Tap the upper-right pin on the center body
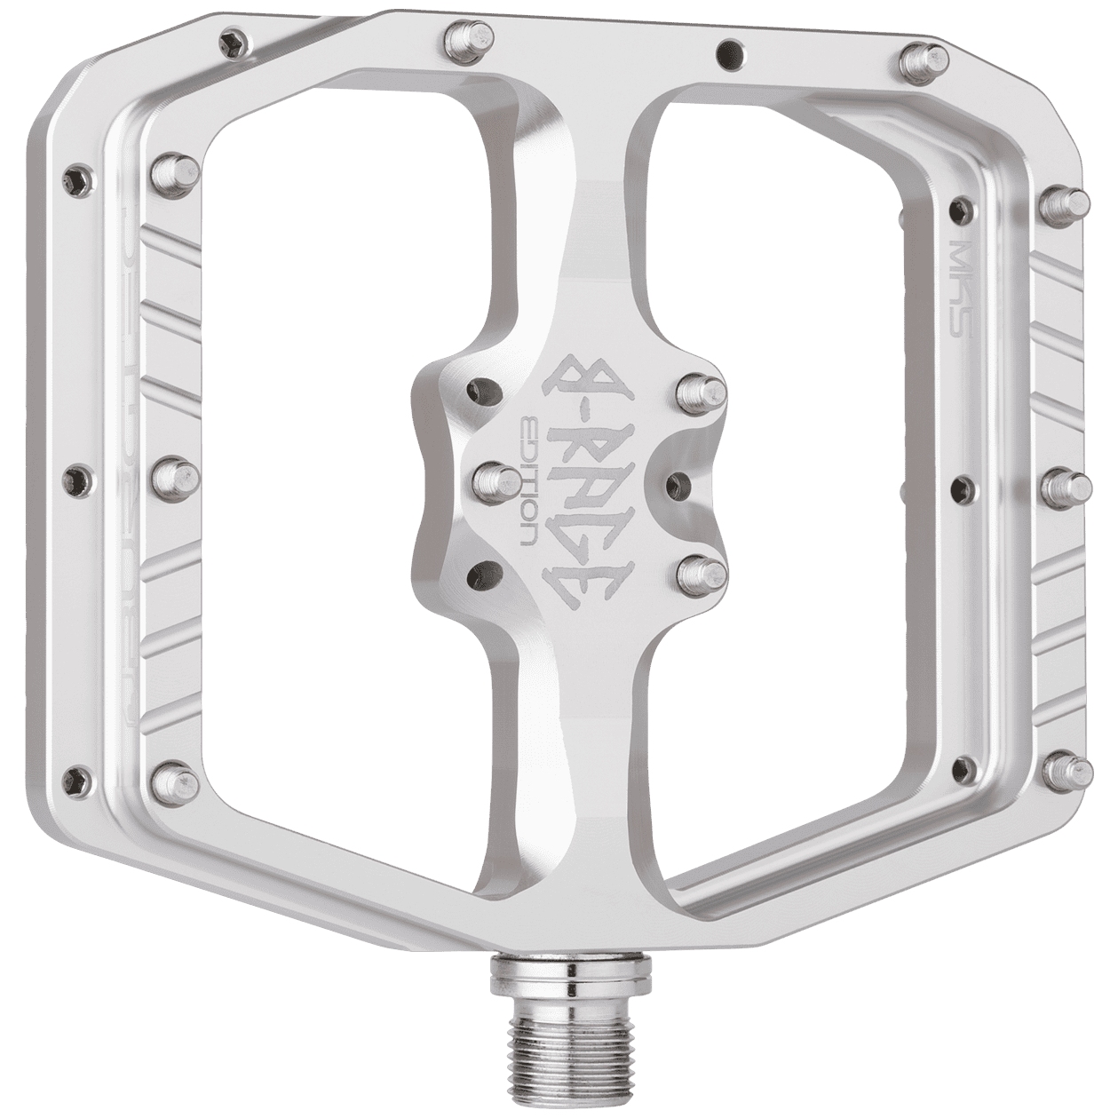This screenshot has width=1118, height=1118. pos(702,389)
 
